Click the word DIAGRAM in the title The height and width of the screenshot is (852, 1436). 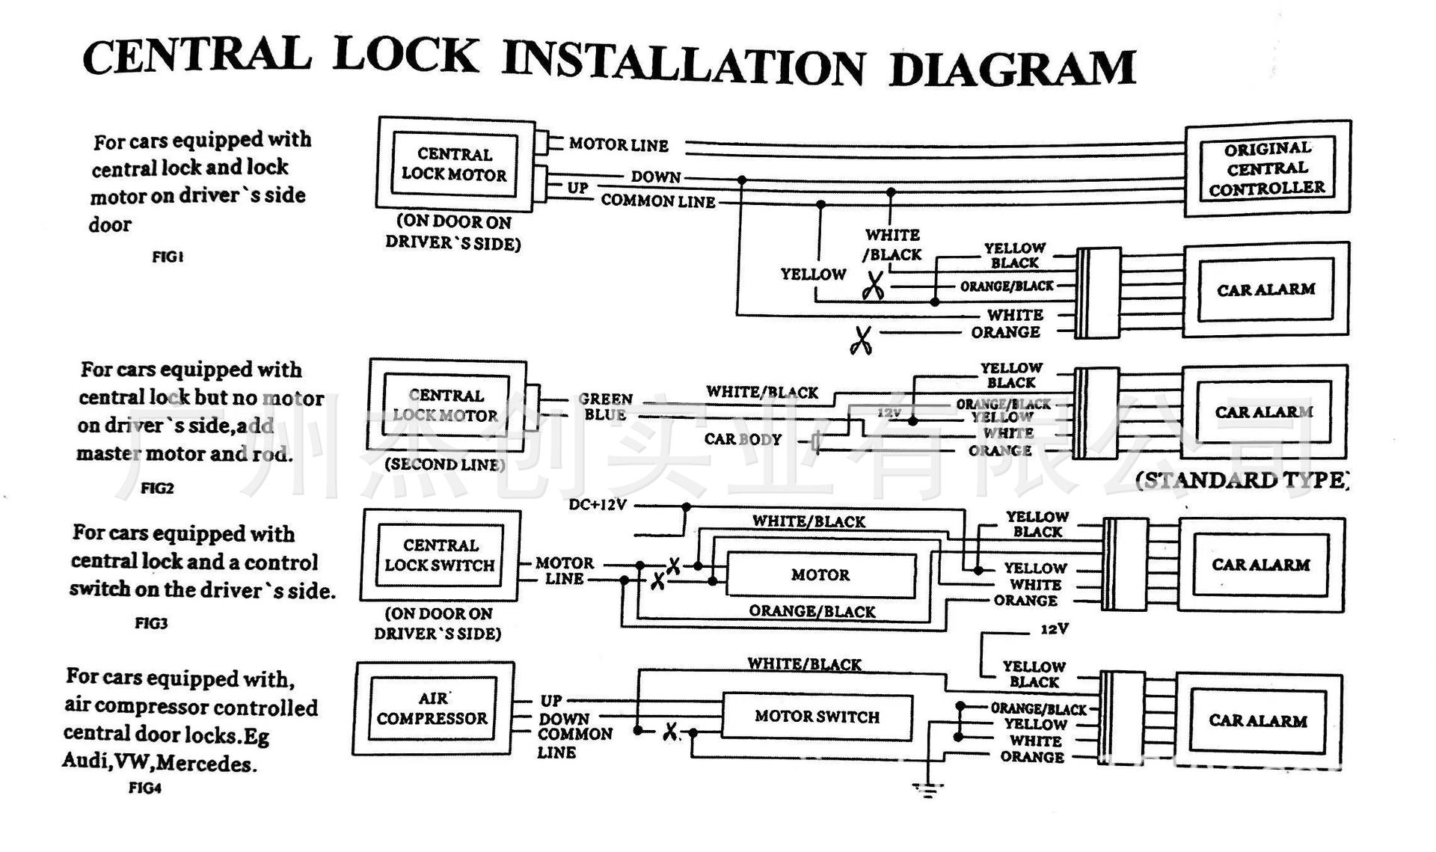1013,69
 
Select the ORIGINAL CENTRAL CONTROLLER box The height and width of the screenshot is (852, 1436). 1267,169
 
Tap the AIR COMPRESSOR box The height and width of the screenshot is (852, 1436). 432,708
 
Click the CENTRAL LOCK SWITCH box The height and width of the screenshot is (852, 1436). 440,555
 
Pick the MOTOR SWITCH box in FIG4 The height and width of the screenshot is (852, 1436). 817,717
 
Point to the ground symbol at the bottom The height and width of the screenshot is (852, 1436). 927,789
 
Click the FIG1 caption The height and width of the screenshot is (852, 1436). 168,257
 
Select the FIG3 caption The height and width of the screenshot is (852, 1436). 151,623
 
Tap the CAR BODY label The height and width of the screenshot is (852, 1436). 743,439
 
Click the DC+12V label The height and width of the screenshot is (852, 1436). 598,505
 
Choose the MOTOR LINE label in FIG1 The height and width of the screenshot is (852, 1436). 619,144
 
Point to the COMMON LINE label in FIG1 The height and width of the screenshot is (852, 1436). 658,201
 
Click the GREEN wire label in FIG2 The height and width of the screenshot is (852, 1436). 605,399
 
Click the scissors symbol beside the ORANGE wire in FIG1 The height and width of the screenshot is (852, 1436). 861,340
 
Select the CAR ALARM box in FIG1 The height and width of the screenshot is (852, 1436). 1265,289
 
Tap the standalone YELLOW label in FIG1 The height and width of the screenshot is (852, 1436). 813,275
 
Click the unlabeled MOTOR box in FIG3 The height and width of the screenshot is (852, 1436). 820,574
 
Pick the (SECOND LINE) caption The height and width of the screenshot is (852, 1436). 445,465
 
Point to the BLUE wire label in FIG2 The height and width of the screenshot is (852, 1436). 605,415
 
